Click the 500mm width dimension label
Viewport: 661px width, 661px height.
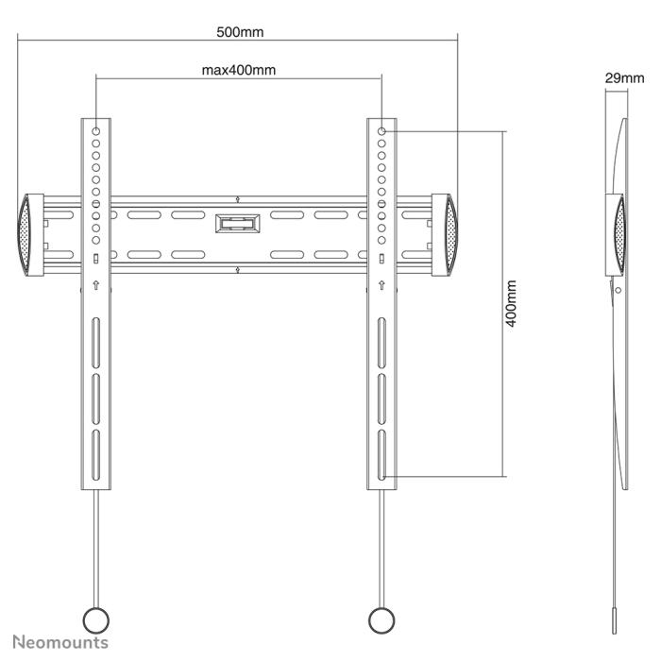[x=240, y=31]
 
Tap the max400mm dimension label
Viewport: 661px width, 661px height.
[x=239, y=69]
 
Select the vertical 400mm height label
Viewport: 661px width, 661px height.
[x=511, y=303]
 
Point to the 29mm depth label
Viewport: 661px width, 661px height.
[x=623, y=78]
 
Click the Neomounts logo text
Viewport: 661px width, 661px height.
[x=60, y=642]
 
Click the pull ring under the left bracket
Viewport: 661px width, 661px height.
[x=95, y=619]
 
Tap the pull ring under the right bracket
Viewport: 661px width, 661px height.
[x=381, y=619]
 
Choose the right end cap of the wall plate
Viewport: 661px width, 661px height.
[x=446, y=234]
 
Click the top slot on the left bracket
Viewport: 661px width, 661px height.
[x=95, y=336]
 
